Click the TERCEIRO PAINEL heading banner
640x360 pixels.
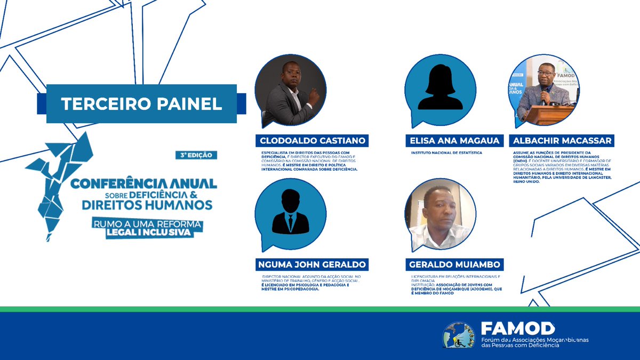141,103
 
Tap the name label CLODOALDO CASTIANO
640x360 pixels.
312,141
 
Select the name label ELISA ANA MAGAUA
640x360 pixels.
455,141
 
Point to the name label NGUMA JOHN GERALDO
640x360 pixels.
312,265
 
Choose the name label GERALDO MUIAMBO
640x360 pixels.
454,265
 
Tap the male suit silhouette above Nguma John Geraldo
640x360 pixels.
290,213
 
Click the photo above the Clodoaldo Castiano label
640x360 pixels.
290,91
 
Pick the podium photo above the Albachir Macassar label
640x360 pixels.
547,91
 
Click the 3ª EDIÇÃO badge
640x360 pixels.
197,155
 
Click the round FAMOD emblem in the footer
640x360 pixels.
458,335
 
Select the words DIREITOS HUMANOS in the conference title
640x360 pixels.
147,204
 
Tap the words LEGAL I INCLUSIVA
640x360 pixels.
155,233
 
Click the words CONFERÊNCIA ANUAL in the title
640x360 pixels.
144,183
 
